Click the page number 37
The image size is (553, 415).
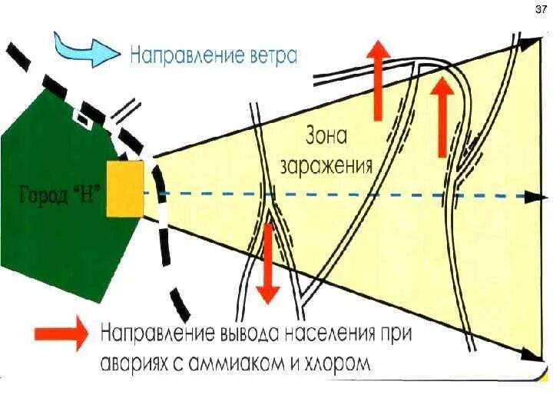[539, 10]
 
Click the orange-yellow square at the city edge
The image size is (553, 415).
[125, 188]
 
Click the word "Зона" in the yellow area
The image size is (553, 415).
[327, 138]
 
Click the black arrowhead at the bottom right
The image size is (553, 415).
[529, 355]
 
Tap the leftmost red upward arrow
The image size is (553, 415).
[377, 80]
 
